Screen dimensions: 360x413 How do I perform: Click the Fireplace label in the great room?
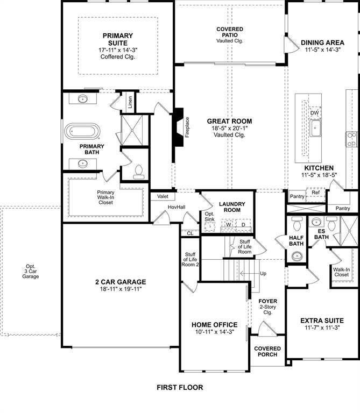(187, 127)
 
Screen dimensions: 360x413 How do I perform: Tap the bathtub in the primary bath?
(82, 131)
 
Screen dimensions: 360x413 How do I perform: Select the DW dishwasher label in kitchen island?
(315, 113)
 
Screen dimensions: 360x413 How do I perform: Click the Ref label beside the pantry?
(315, 193)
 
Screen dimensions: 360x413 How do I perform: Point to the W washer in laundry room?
(229, 224)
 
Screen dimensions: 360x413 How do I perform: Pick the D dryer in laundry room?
(243, 224)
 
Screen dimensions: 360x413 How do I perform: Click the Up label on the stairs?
(263, 274)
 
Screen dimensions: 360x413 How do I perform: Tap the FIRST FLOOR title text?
(180, 387)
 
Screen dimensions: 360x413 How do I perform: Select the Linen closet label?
(130, 102)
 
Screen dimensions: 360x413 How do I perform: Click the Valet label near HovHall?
(163, 196)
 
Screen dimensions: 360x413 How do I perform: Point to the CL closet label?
(190, 233)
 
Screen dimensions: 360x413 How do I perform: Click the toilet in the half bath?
(297, 223)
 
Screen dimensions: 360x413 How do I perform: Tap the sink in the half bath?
(297, 256)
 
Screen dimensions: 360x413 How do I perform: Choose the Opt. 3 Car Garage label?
(31, 271)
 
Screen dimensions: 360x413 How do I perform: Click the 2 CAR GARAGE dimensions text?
(121, 289)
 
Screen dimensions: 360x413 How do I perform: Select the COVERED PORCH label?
(267, 351)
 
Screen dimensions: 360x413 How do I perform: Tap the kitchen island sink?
(315, 128)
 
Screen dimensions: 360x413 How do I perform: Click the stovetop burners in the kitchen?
(351, 139)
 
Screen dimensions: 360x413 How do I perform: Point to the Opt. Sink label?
(209, 217)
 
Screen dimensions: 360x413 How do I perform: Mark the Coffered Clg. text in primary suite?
(117, 56)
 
